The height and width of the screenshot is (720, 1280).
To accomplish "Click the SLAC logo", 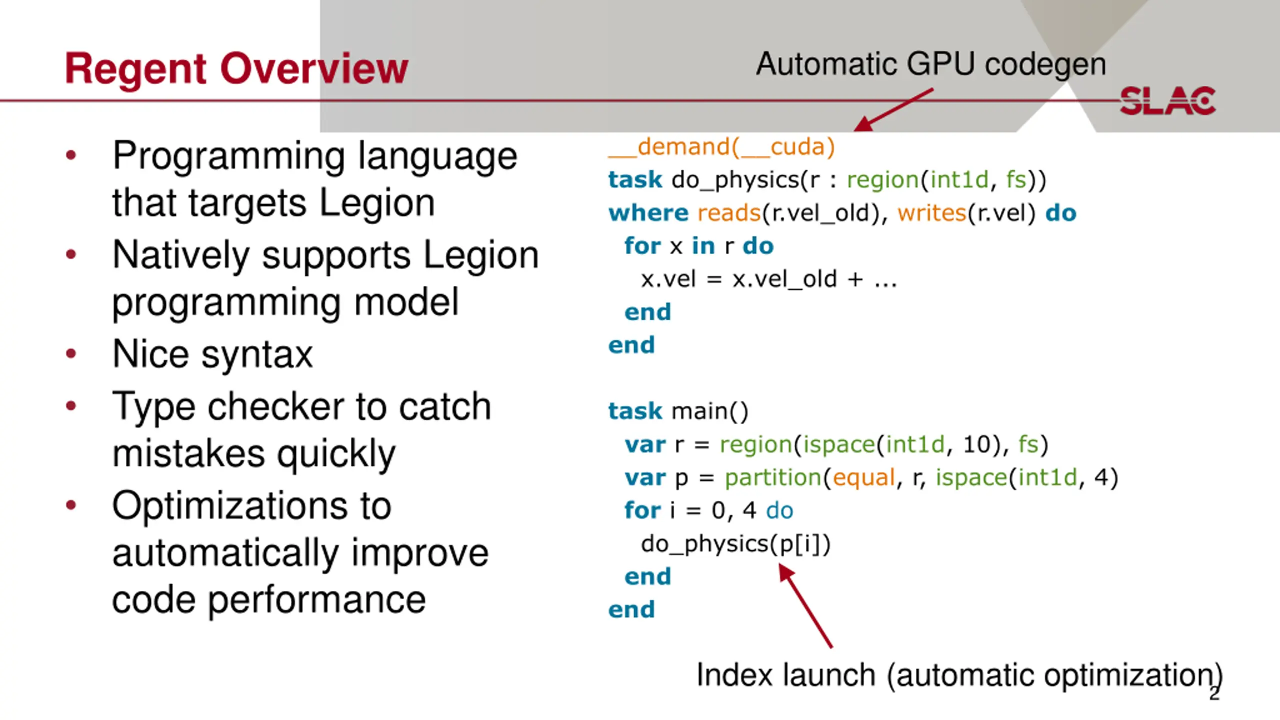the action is click(x=1167, y=101).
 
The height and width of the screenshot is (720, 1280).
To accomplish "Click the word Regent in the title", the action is click(x=135, y=69).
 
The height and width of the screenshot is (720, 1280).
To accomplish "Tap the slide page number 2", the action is click(x=1214, y=693).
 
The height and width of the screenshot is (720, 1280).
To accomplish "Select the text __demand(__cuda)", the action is click(x=721, y=147).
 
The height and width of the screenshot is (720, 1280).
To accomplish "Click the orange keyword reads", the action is click(x=729, y=213).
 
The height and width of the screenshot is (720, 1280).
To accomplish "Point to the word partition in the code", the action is click(x=773, y=478).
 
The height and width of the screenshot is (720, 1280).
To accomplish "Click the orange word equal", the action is click(x=863, y=478).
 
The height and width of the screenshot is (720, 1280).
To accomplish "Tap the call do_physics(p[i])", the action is click(x=735, y=544).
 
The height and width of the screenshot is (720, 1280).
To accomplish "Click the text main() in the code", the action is click(x=710, y=411).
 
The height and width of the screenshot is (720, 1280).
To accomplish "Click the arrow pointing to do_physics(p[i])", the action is click(x=805, y=605).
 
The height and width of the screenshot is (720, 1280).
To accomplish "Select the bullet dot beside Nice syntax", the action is click(x=71, y=353).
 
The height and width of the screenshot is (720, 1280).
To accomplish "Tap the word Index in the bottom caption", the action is click(x=735, y=675).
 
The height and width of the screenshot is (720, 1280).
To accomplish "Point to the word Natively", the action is click(x=181, y=255).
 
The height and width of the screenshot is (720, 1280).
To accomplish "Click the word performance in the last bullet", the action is click(x=317, y=600).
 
